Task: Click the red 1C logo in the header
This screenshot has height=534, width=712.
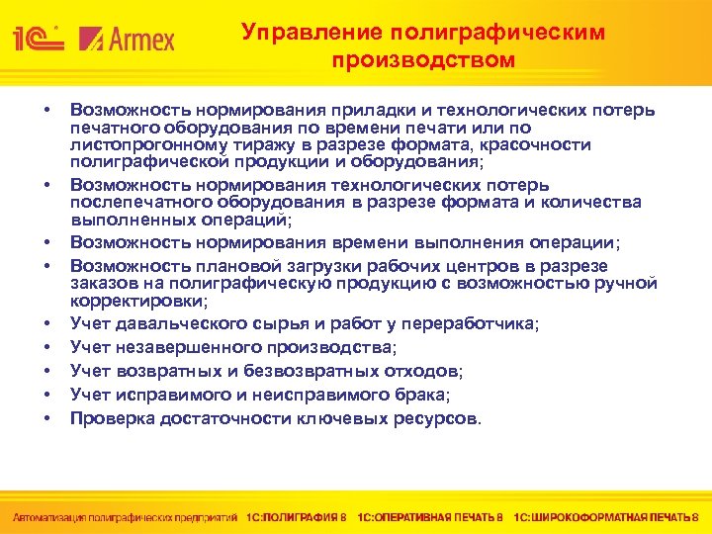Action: [x=38, y=39]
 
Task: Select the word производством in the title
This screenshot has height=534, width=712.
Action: [x=423, y=59]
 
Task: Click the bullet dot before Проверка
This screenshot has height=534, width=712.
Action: [x=47, y=418]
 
